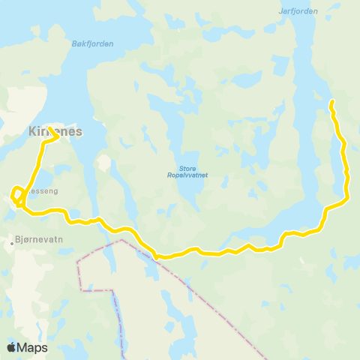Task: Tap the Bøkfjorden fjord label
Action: [x=92, y=43]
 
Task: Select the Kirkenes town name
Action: [x=55, y=130]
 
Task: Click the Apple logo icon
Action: [x=12, y=347]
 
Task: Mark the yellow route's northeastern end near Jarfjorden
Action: [x=331, y=101]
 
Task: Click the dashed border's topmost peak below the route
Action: [x=121, y=241]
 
